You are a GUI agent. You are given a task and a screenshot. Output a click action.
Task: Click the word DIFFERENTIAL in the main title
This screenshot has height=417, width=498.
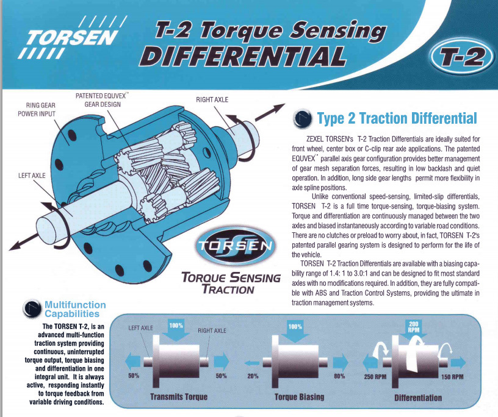pyautogui.click(x=242, y=57)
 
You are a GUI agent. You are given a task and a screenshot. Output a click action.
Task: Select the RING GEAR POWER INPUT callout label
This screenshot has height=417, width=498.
pyautogui.click(x=37, y=110)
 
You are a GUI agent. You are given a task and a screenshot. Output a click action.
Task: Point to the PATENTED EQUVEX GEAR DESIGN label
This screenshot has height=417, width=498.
pyautogui.click(x=103, y=100)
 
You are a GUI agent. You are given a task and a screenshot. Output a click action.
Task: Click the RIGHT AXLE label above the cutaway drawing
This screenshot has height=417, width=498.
pyautogui.click(x=212, y=99)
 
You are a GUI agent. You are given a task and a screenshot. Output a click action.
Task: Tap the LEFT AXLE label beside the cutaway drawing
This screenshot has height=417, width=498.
pyautogui.click(x=32, y=176)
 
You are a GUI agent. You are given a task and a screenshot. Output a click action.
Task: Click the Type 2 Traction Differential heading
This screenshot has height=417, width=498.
pyautogui.click(x=397, y=118)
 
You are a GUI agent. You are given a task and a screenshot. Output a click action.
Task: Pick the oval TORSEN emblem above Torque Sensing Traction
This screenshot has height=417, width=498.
pyautogui.click(x=236, y=246)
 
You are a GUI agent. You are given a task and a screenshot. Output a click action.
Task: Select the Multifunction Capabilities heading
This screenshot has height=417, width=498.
pyautogui.click(x=75, y=309)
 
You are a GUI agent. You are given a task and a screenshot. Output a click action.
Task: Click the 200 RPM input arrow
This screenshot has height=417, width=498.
pyautogui.click(x=414, y=329)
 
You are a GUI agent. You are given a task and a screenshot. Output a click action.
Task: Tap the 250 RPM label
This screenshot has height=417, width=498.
pyautogui.click(x=375, y=377)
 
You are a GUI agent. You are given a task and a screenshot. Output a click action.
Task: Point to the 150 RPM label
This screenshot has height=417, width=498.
pyautogui.click(x=452, y=377)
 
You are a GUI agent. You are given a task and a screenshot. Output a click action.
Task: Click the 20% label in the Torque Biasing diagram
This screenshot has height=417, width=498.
pyautogui.click(x=253, y=376)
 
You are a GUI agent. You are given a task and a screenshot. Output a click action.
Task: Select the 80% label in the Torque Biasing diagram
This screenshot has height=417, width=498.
pyautogui.click(x=339, y=376)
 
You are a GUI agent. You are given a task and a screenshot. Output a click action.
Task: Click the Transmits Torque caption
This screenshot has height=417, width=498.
pyautogui.click(x=179, y=397)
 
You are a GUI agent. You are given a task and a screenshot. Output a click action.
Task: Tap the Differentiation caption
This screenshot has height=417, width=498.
pyautogui.click(x=418, y=398)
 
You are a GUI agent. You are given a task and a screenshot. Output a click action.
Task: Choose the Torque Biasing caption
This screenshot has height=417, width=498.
pyautogui.click(x=300, y=397)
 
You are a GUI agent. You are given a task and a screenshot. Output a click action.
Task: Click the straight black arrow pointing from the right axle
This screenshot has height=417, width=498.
pyautogui.click(x=270, y=112)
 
